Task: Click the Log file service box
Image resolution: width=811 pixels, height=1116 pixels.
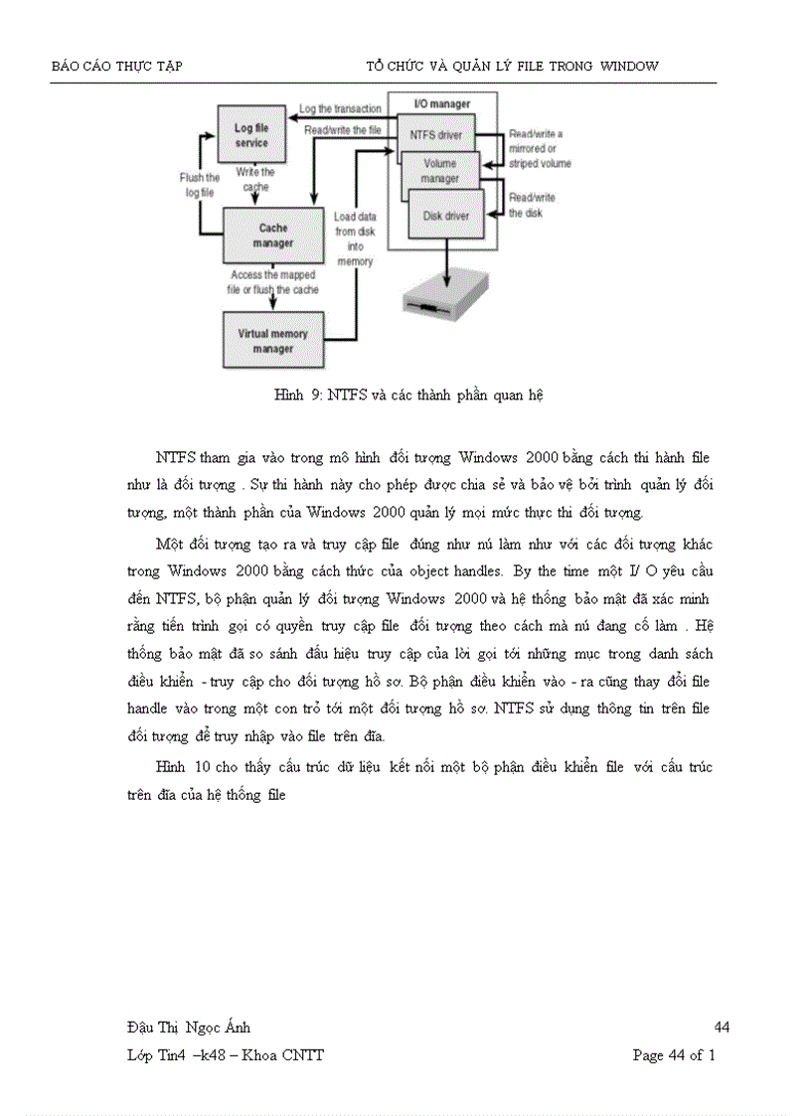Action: click(x=251, y=135)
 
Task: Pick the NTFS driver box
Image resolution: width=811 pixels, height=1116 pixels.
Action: click(x=435, y=133)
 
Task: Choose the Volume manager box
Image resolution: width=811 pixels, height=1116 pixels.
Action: click(x=440, y=170)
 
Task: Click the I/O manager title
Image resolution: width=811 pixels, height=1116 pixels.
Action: click(x=442, y=103)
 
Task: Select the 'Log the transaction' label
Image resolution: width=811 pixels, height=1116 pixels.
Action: click(x=340, y=108)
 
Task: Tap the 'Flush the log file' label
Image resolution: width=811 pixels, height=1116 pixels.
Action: click(x=200, y=186)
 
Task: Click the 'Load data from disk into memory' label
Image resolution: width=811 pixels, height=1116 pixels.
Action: click(x=355, y=238)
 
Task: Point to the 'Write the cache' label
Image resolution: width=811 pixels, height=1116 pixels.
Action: click(x=255, y=179)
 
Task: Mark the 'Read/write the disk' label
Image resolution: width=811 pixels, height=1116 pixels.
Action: click(x=532, y=205)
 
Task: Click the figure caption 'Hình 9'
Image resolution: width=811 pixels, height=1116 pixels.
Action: click(x=407, y=395)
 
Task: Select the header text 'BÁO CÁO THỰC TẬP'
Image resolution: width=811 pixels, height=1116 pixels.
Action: click(x=116, y=67)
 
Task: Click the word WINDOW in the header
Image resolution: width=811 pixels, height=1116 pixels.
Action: click(x=628, y=67)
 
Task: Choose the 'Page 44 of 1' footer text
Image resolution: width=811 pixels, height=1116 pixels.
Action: click(x=674, y=1054)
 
